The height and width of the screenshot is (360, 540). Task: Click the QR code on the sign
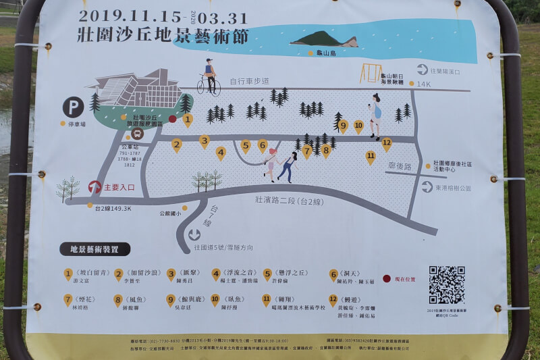click(x=446, y=284)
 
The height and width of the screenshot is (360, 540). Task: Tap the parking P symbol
click(x=73, y=107)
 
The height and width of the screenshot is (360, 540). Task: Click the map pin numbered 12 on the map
click(x=386, y=143)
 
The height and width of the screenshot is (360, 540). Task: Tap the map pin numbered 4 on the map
click(x=221, y=153)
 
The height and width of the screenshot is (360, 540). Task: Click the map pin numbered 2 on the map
click(x=177, y=145)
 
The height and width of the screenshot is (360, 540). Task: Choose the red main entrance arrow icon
click(x=95, y=187)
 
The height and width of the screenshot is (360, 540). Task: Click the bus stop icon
click(x=129, y=133)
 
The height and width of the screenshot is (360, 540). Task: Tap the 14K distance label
click(x=423, y=84)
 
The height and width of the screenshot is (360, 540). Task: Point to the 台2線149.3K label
click(x=113, y=209)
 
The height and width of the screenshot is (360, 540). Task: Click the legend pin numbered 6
click(x=333, y=274)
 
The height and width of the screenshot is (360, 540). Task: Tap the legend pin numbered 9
click(x=171, y=300)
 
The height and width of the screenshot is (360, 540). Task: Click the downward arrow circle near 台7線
click(x=194, y=235)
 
